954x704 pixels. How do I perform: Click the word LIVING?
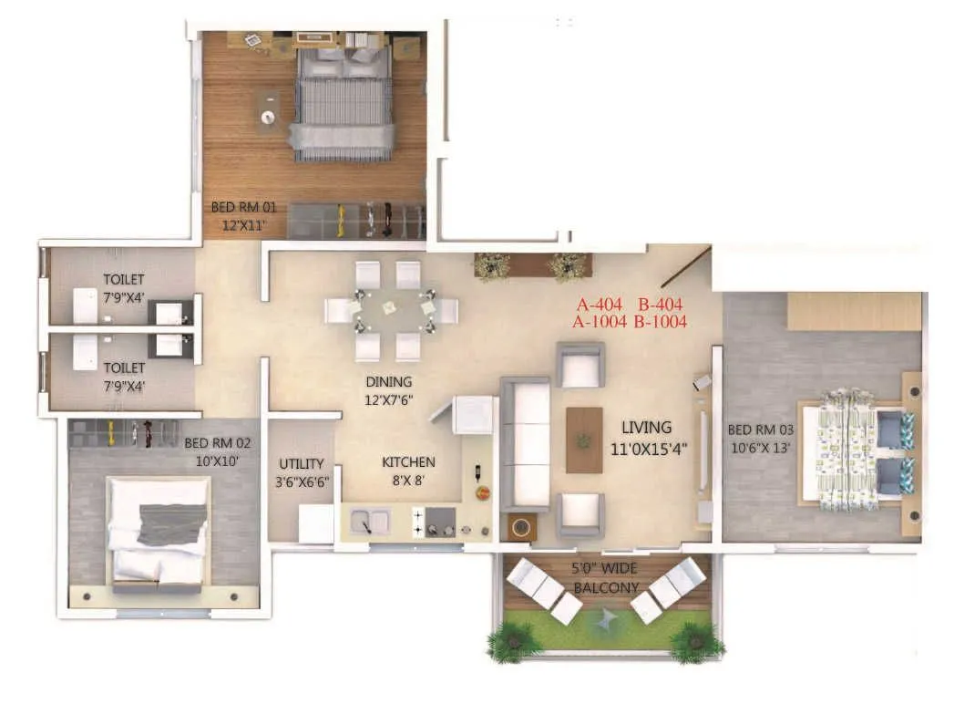pyautogui.click(x=646, y=427)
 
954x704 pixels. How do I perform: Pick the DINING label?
pyautogui.click(x=389, y=382)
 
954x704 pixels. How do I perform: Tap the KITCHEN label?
pyautogui.click(x=408, y=462)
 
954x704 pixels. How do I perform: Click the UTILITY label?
pyautogui.click(x=302, y=464)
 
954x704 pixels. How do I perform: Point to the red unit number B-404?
pyautogui.click(x=661, y=305)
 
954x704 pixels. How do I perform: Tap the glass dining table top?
pyautogui.click(x=390, y=309)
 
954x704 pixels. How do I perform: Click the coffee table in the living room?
pyautogui.click(x=584, y=440)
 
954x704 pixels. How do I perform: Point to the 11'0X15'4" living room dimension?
pyautogui.click(x=648, y=448)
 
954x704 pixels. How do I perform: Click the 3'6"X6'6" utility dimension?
pyautogui.click(x=303, y=482)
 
